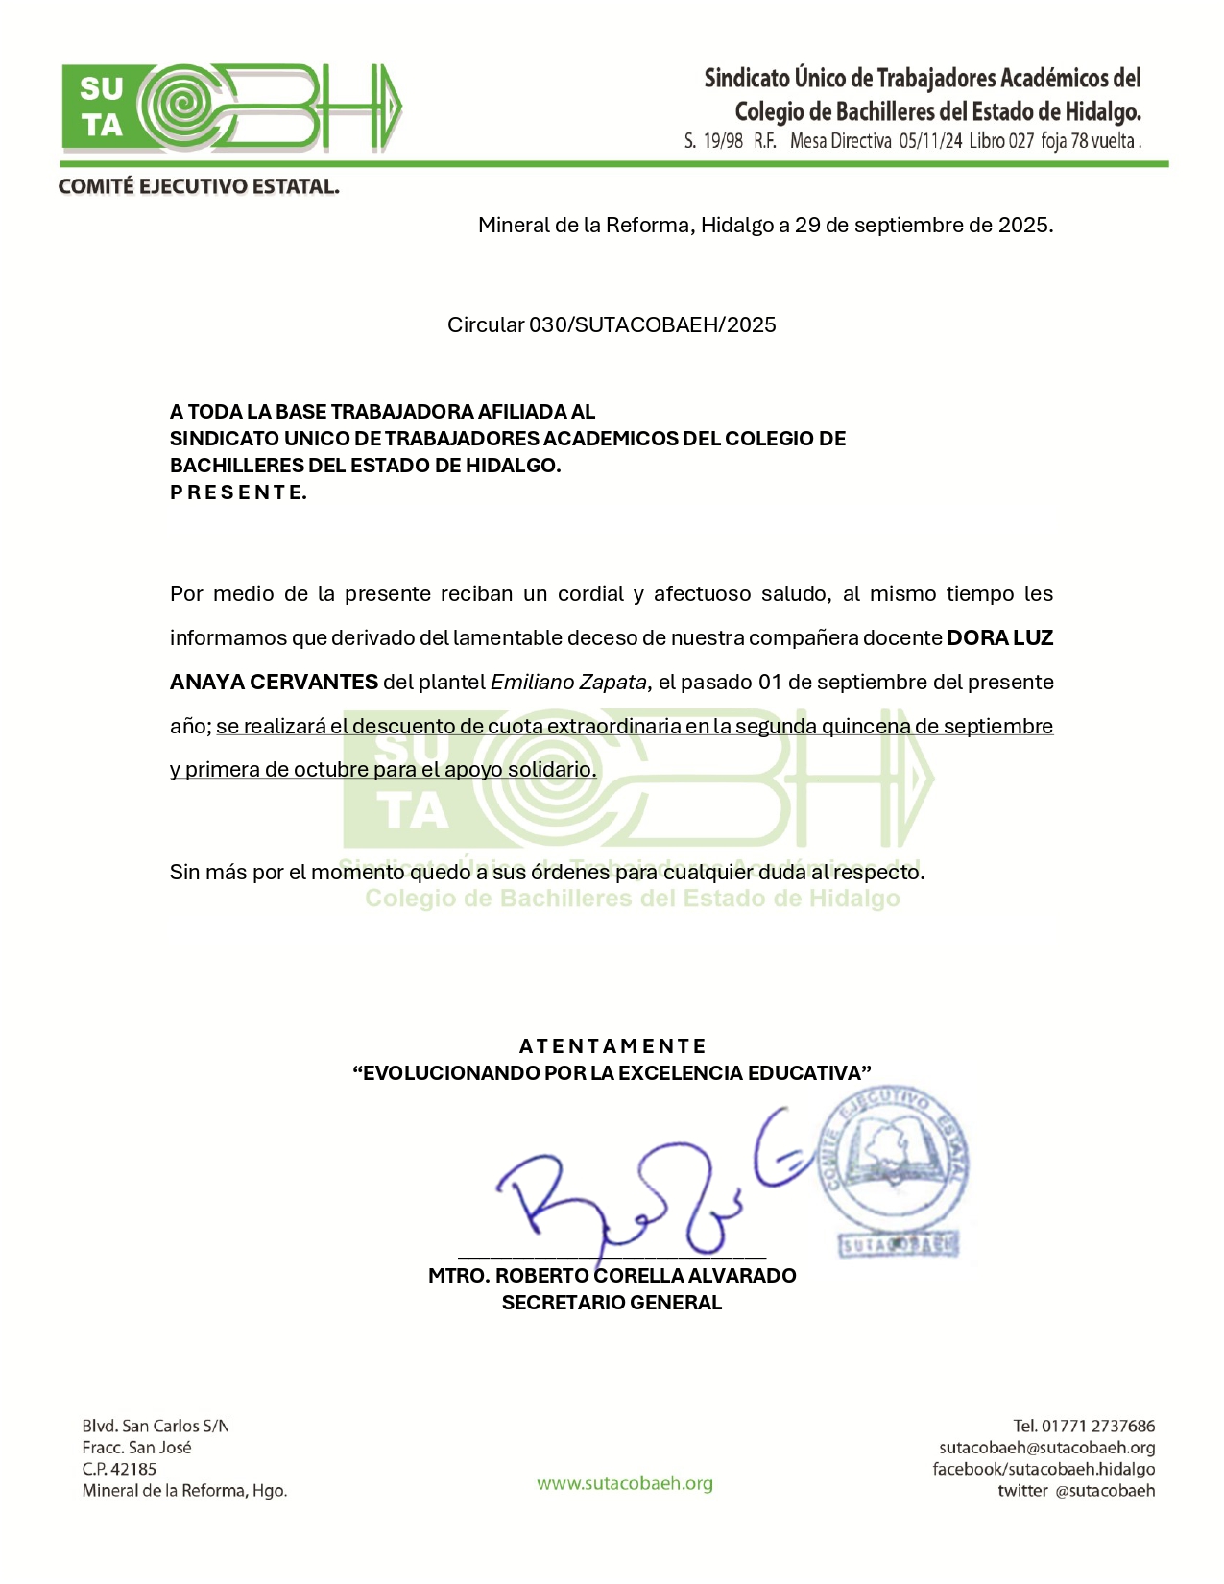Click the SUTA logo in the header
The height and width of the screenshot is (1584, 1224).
pos(231,108)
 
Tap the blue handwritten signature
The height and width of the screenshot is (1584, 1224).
pos(634,1190)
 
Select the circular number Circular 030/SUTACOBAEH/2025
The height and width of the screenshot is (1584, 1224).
pos(612,324)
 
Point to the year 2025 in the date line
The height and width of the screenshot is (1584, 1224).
pos(1023,226)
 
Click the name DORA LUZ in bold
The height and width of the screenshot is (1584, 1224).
pos(999,638)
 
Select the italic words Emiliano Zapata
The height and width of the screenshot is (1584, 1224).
pos(569,683)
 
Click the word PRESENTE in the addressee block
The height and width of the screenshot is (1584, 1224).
pos(238,492)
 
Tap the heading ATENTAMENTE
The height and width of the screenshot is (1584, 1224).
pos(612,1046)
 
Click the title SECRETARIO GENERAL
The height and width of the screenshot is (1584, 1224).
pos(612,1303)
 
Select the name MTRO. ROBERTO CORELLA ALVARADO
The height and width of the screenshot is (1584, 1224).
pos(612,1276)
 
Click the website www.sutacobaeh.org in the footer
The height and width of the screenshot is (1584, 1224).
pos(625,1483)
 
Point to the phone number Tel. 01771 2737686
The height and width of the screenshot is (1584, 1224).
pos(1084,1427)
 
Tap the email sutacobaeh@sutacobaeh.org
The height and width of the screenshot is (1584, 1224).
pos(1046,1448)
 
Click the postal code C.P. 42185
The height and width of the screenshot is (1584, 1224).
pos(119,1469)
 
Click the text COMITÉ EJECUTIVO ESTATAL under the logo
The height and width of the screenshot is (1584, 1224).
pos(199,186)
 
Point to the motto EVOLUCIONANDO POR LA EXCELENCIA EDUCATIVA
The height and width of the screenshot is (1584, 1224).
pos(612,1073)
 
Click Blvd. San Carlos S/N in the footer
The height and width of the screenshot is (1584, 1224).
pos(156,1427)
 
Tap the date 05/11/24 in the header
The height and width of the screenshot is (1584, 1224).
pos(930,141)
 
